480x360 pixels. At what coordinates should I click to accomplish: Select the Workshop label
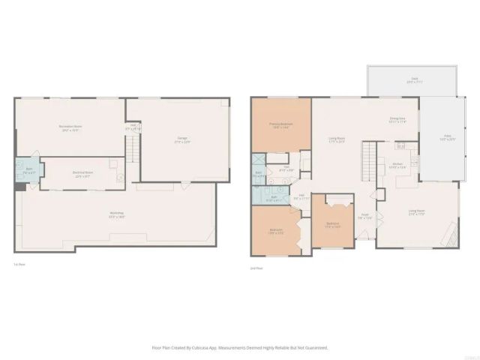(x=116, y=214)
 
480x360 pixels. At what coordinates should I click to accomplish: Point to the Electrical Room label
(x=82, y=174)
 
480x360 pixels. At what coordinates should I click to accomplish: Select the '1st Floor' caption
(x=19, y=265)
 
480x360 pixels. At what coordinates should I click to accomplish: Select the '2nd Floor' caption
(x=256, y=268)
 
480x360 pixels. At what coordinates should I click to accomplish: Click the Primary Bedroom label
(x=282, y=124)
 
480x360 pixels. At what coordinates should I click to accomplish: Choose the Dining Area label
(x=397, y=119)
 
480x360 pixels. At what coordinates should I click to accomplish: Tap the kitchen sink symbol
(x=400, y=145)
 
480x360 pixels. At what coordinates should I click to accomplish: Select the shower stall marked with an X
(x=258, y=159)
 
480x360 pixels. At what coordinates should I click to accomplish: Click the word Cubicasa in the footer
(x=215, y=348)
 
